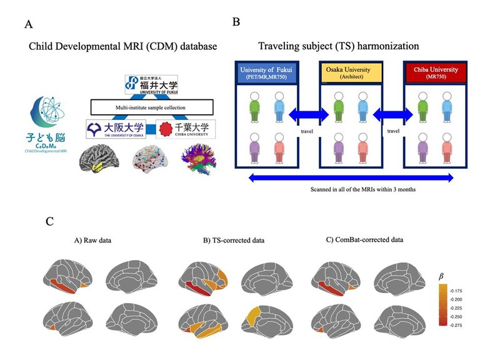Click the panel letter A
28,25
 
